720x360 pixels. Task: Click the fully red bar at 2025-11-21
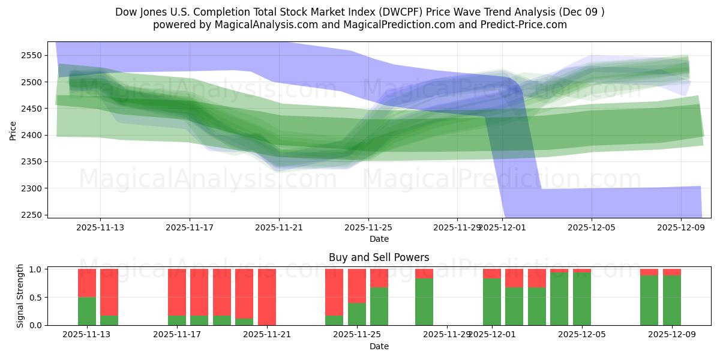[267, 297]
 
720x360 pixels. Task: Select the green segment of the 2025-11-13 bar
[87, 311]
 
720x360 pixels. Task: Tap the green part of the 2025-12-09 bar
[672, 300]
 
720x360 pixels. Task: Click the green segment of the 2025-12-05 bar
[582, 299]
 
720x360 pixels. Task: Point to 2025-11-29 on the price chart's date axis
[457, 227]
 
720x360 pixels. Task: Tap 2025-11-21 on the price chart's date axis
[279, 227]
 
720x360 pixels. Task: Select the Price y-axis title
[13, 130]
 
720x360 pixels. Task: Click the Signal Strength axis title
[20, 296]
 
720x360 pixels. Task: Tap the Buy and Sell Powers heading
[379, 257]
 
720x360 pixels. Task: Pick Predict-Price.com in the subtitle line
[523, 25]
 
